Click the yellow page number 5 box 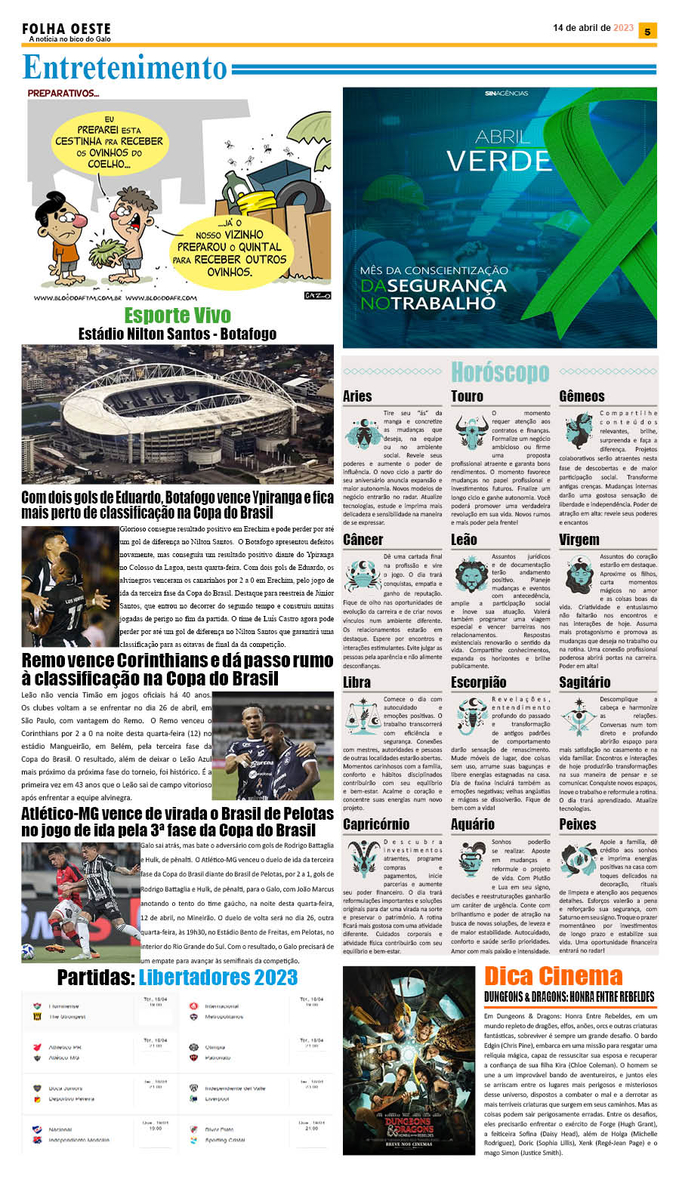(x=647, y=31)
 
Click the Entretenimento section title (x=125, y=68)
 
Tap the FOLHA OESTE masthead (x=66, y=29)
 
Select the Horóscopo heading (x=499, y=372)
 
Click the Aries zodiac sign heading (x=357, y=396)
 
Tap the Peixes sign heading (x=578, y=824)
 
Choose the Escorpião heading (x=478, y=682)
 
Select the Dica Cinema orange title (x=553, y=976)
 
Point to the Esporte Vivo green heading (x=177, y=315)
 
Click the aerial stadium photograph (x=177, y=414)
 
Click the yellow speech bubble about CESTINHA (x=109, y=141)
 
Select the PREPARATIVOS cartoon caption (x=63, y=94)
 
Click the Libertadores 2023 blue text (x=218, y=978)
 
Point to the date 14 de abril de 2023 (x=593, y=28)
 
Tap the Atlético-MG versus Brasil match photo (x=80, y=901)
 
